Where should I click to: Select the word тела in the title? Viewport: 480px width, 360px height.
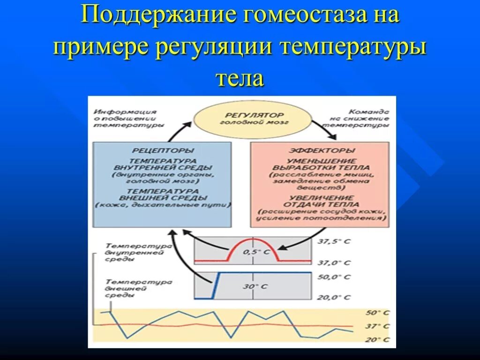pos(240,77)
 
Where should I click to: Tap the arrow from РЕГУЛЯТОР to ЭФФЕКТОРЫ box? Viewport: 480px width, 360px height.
pos(325,130)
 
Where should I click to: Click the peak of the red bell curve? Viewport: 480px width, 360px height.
pos(253,240)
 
